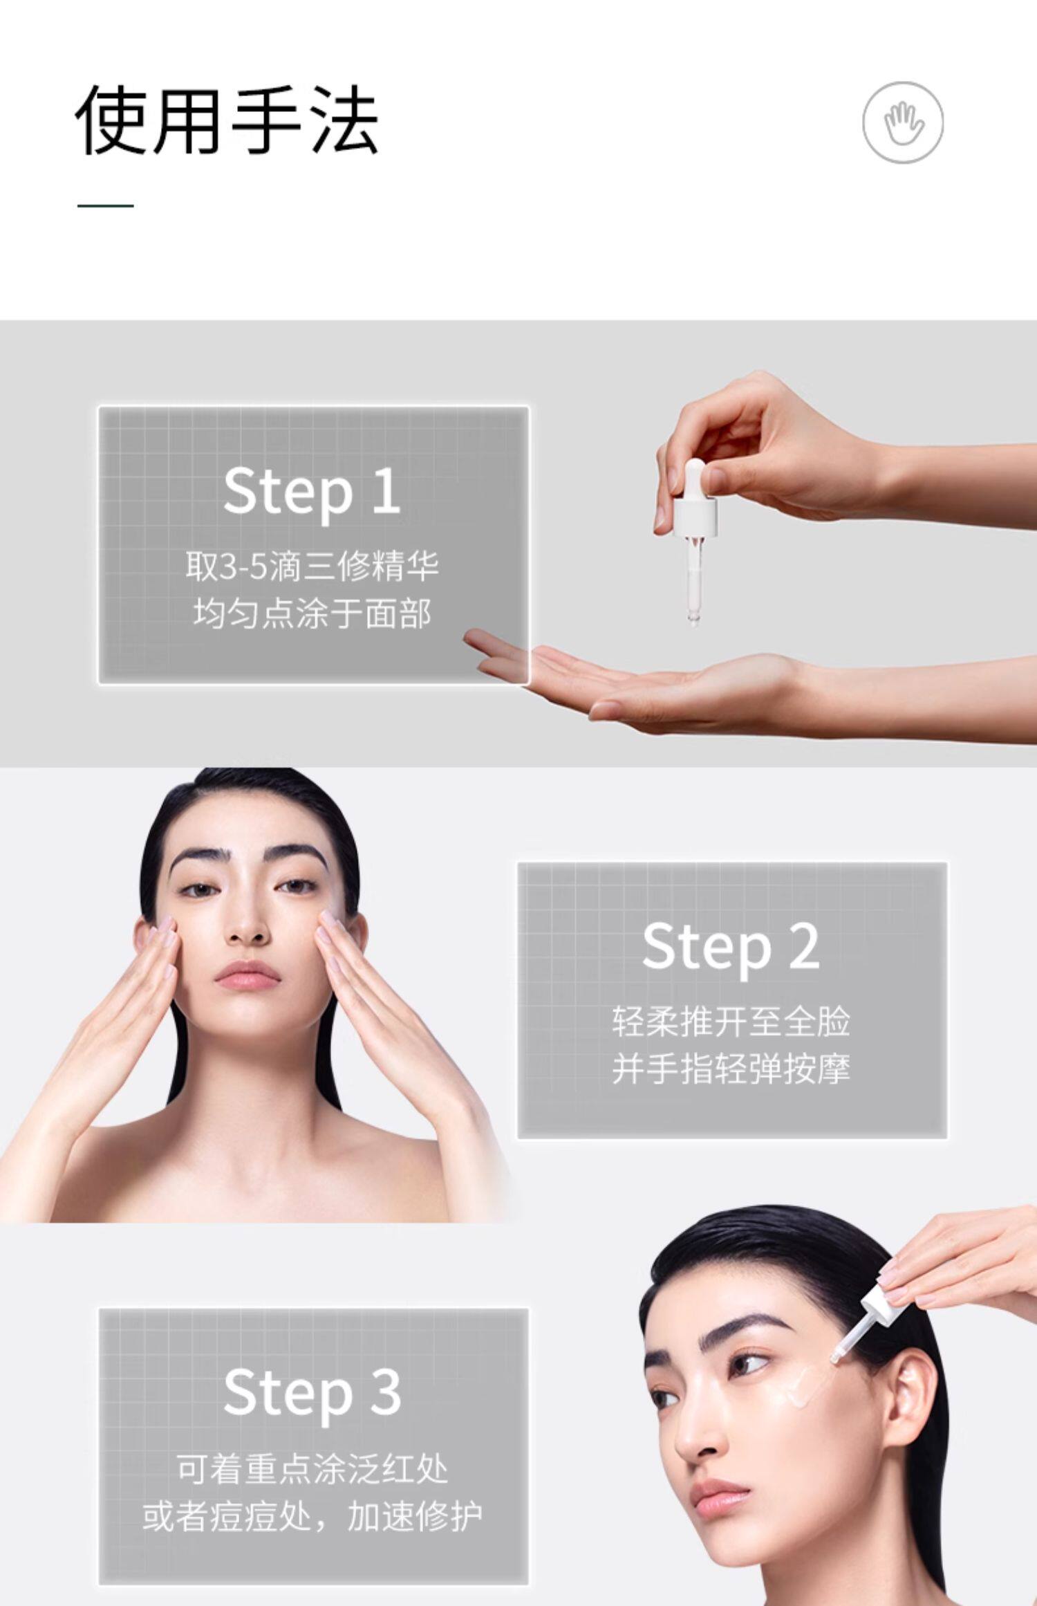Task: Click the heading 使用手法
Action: click(x=227, y=120)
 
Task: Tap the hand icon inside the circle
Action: click(x=903, y=123)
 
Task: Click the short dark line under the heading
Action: click(x=105, y=205)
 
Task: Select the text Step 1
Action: click(x=312, y=492)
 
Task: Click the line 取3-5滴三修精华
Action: click(x=312, y=567)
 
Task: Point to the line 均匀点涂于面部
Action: click(x=312, y=614)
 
